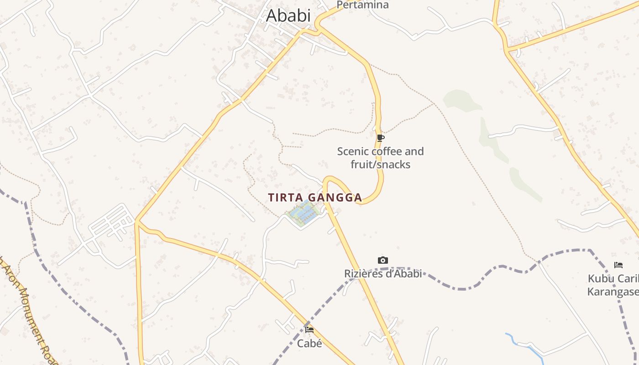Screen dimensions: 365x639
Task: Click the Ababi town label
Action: pos(288,16)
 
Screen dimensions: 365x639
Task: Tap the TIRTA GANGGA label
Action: pos(315,198)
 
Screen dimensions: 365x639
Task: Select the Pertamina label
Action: pos(362,5)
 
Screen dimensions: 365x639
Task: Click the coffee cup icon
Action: pos(381,138)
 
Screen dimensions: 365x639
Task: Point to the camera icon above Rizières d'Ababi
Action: pos(382,260)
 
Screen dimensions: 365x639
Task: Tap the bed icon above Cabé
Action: pos(309,329)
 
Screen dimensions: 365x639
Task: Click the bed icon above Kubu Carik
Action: pos(618,265)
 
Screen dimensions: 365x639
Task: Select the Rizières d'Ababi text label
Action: pos(382,273)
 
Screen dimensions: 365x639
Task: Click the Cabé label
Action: pos(309,343)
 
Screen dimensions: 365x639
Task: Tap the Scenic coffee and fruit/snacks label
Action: pos(380,158)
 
